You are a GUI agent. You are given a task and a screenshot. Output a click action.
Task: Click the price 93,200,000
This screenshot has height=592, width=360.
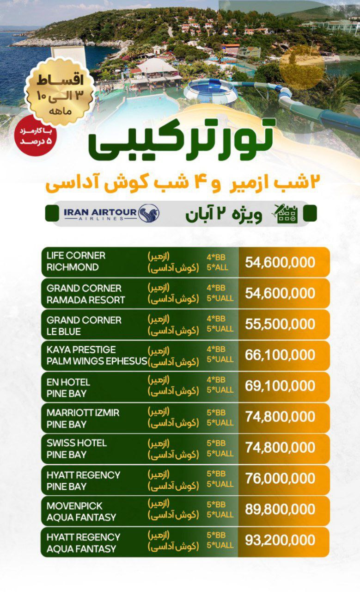pos(280,540)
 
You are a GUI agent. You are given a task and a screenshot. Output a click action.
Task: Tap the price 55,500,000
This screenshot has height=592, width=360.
pos(280,324)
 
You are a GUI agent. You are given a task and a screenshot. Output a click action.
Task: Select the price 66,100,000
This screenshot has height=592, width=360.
pos(280,355)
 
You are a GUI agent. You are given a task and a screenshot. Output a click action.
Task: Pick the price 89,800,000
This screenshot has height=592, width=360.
pos(280,509)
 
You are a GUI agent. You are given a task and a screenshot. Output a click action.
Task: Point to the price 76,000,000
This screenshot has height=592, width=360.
pos(280,479)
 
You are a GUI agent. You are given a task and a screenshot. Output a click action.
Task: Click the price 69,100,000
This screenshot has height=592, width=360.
pos(280,386)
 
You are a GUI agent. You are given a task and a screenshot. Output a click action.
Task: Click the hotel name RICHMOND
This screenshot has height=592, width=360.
pos(73,267)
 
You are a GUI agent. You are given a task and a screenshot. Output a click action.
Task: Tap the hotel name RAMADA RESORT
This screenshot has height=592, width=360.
pos(85,300)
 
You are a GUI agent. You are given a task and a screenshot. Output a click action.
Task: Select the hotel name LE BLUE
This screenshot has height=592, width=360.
pos(64,332)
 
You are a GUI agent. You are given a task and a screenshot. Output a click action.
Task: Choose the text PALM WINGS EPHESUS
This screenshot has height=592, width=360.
pos(97,361)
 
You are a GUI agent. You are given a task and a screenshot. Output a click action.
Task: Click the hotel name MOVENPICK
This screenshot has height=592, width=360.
pos(74,506)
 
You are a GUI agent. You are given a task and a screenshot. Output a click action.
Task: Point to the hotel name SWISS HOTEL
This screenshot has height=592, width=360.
pos(77,443)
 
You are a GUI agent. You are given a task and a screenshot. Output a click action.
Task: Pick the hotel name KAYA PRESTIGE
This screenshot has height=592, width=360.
pos(81,350)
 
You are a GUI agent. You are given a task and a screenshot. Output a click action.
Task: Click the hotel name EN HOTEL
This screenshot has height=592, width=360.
pos(68,382)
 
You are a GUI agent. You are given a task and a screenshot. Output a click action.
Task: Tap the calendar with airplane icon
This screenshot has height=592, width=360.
pos(287,214)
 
